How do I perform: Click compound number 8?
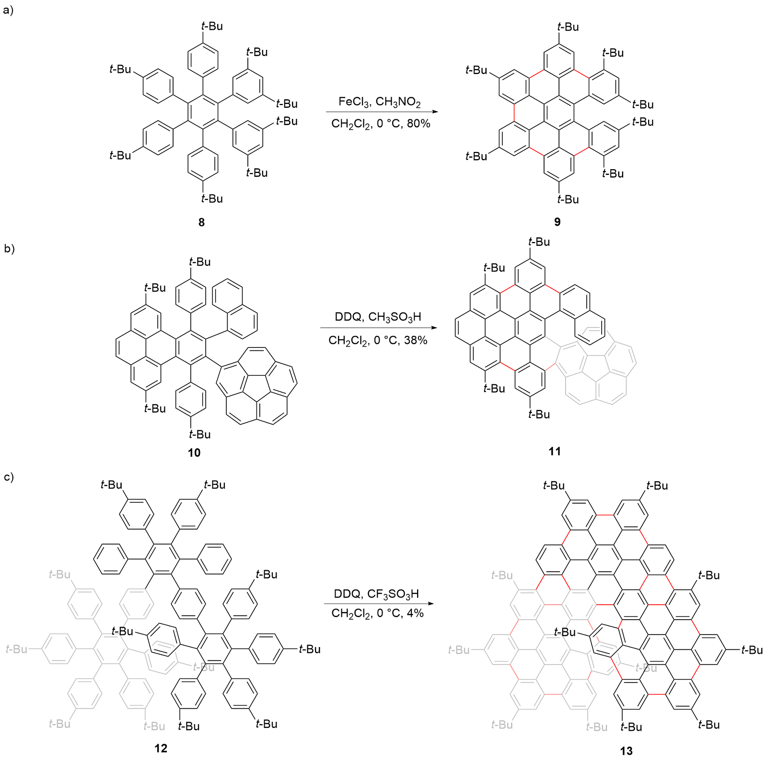click(201, 222)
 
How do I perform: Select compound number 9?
click(557, 221)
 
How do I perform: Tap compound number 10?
click(194, 452)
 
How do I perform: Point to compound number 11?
click(555, 451)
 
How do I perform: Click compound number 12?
click(161, 748)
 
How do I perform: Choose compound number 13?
click(626, 750)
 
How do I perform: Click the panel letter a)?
click(8, 10)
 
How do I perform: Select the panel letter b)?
click(9, 248)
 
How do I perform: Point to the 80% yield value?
click(418, 124)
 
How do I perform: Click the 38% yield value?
click(416, 340)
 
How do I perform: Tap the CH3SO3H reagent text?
click(395, 317)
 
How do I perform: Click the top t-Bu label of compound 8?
click(212, 26)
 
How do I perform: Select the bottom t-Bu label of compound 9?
click(568, 199)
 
